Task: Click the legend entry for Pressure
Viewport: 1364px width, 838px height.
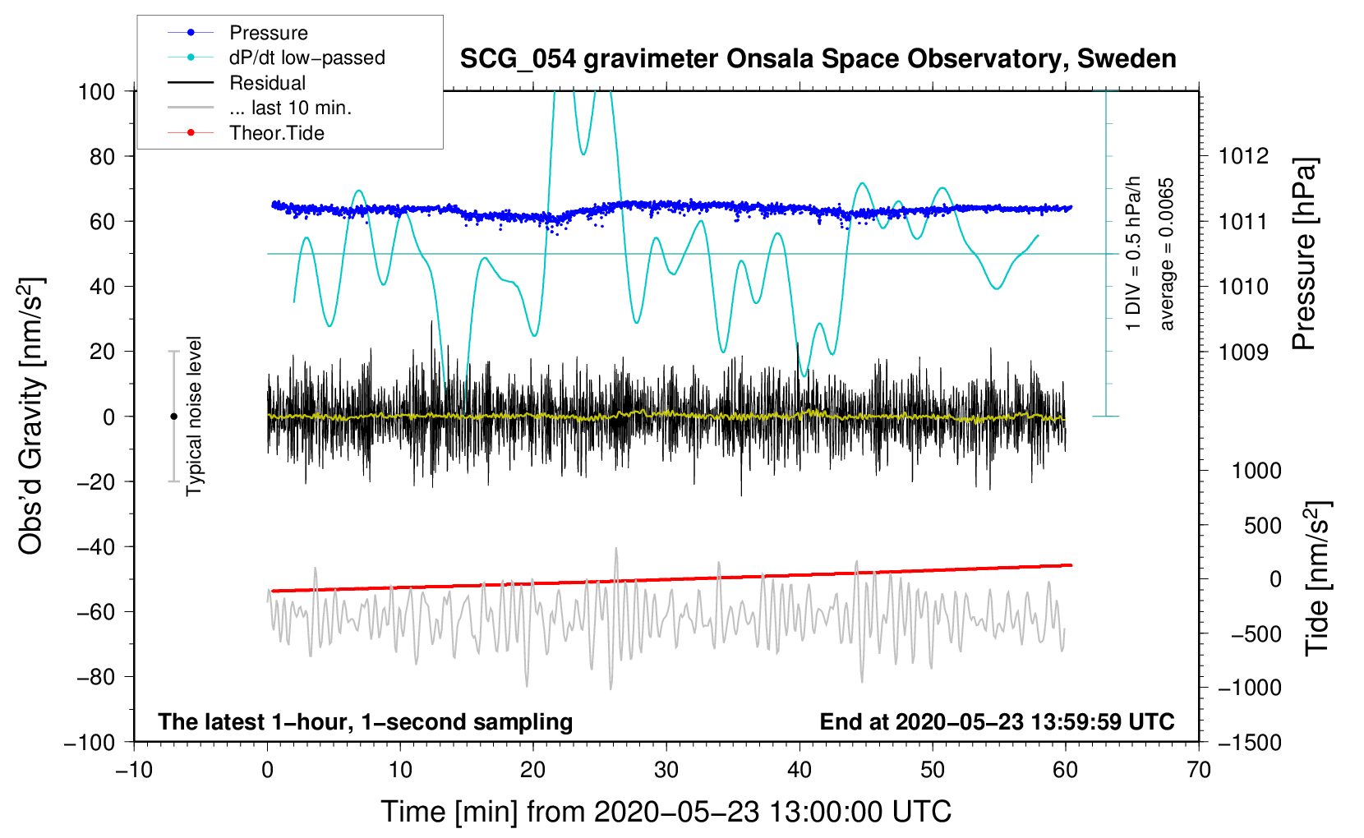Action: tap(238, 32)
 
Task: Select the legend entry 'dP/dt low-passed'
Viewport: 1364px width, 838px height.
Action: tap(276, 58)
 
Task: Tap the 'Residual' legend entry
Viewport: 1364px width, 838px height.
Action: tap(237, 83)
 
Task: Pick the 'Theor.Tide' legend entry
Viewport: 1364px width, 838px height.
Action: tap(246, 133)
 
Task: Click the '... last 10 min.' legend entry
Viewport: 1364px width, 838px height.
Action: tap(260, 108)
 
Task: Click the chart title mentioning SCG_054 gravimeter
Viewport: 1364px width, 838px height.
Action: tap(818, 59)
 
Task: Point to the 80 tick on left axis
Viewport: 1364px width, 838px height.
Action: tap(102, 157)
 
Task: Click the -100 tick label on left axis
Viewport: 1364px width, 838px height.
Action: tap(90, 743)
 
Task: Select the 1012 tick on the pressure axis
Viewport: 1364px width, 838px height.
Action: tap(1243, 157)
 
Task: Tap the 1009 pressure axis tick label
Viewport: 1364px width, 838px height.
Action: tap(1243, 352)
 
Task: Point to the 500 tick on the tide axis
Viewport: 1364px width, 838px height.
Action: tap(1262, 525)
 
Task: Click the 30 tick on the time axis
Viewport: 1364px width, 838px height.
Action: tap(666, 770)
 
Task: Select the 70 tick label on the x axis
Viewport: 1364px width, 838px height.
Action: tap(1198, 770)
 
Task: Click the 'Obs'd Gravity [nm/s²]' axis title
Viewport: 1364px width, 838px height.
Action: tap(30, 417)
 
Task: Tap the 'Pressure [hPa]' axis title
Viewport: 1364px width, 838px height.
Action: tap(1305, 254)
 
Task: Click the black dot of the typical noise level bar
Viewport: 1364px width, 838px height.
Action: tap(173, 417)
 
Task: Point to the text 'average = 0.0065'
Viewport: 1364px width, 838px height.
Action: tap(1166, 254)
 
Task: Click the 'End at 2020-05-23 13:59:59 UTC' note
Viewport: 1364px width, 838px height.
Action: tap(997, 721)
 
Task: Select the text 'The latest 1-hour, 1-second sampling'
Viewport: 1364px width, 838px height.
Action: tap(366, 722)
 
